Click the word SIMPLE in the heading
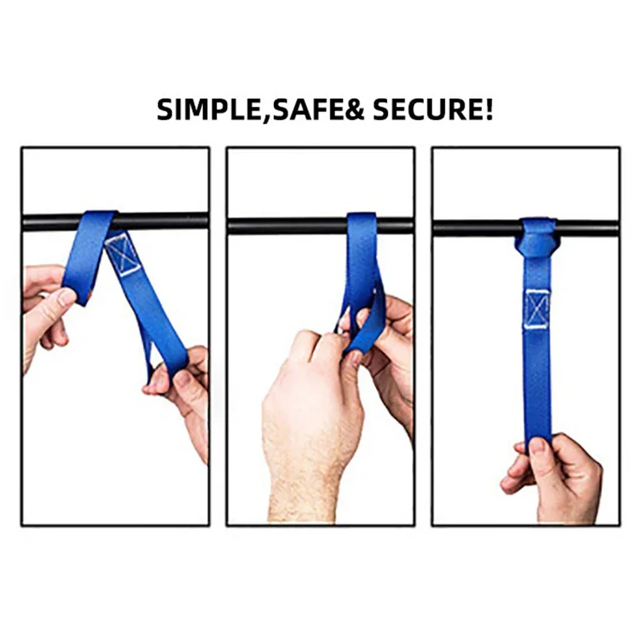207,109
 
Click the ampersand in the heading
354,109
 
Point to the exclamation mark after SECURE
488,109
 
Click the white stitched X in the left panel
123,254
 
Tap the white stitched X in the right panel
537,309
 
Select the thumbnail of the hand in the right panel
537,446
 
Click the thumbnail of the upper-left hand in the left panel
66,296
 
